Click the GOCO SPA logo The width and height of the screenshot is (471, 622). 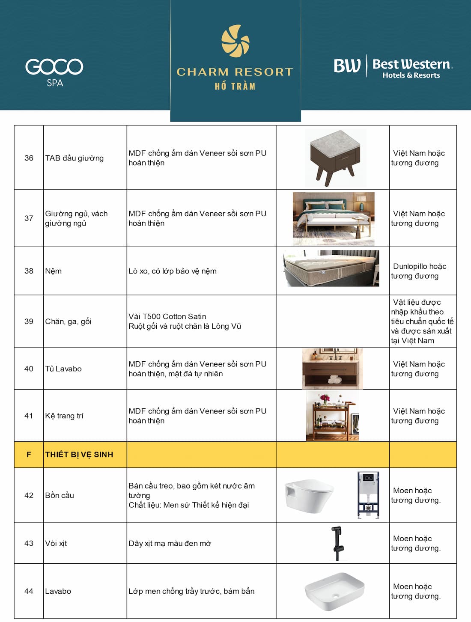54,71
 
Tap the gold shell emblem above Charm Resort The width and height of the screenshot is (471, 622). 235,41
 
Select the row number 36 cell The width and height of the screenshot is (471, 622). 29,158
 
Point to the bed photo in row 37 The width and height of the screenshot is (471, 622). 334,218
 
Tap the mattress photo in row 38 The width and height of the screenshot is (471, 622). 331,268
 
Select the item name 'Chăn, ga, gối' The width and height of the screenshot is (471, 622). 69,321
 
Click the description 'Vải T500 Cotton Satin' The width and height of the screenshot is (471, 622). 167,316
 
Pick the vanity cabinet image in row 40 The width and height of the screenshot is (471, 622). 332,368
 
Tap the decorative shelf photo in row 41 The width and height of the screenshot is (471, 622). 332,416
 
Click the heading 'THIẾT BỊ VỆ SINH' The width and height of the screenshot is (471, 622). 79,455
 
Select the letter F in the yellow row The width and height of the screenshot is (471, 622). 29,455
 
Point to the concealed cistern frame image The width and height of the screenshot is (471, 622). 368,495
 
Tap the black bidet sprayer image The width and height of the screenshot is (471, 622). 337,543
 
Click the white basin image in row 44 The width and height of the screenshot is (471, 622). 334,592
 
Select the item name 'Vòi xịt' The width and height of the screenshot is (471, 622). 56,543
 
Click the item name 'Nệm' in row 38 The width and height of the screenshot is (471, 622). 54,271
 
